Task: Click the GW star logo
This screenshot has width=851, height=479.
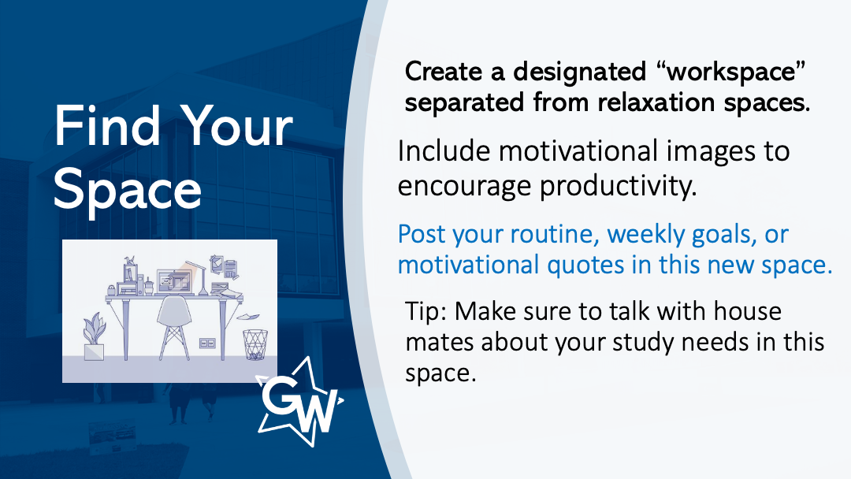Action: pyautogui.click(x=299, y=402)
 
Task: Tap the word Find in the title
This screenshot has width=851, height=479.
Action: pyautogui.click(x=107, y=126)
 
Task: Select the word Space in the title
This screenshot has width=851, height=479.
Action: pyautogui.click(x=128, y=189)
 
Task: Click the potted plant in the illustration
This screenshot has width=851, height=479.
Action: pyautogui.click(x=94, y=336)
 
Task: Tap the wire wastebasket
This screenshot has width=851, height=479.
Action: pyautogui.click(x=255, y=344)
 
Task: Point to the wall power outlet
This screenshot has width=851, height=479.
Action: pyautogui.click(x=207, y=343)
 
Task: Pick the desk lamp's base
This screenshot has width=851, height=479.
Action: pyautogui.click(x=203, y=292)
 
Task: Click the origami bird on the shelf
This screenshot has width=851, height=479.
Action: pyautogui.click(x=129, y=260)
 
